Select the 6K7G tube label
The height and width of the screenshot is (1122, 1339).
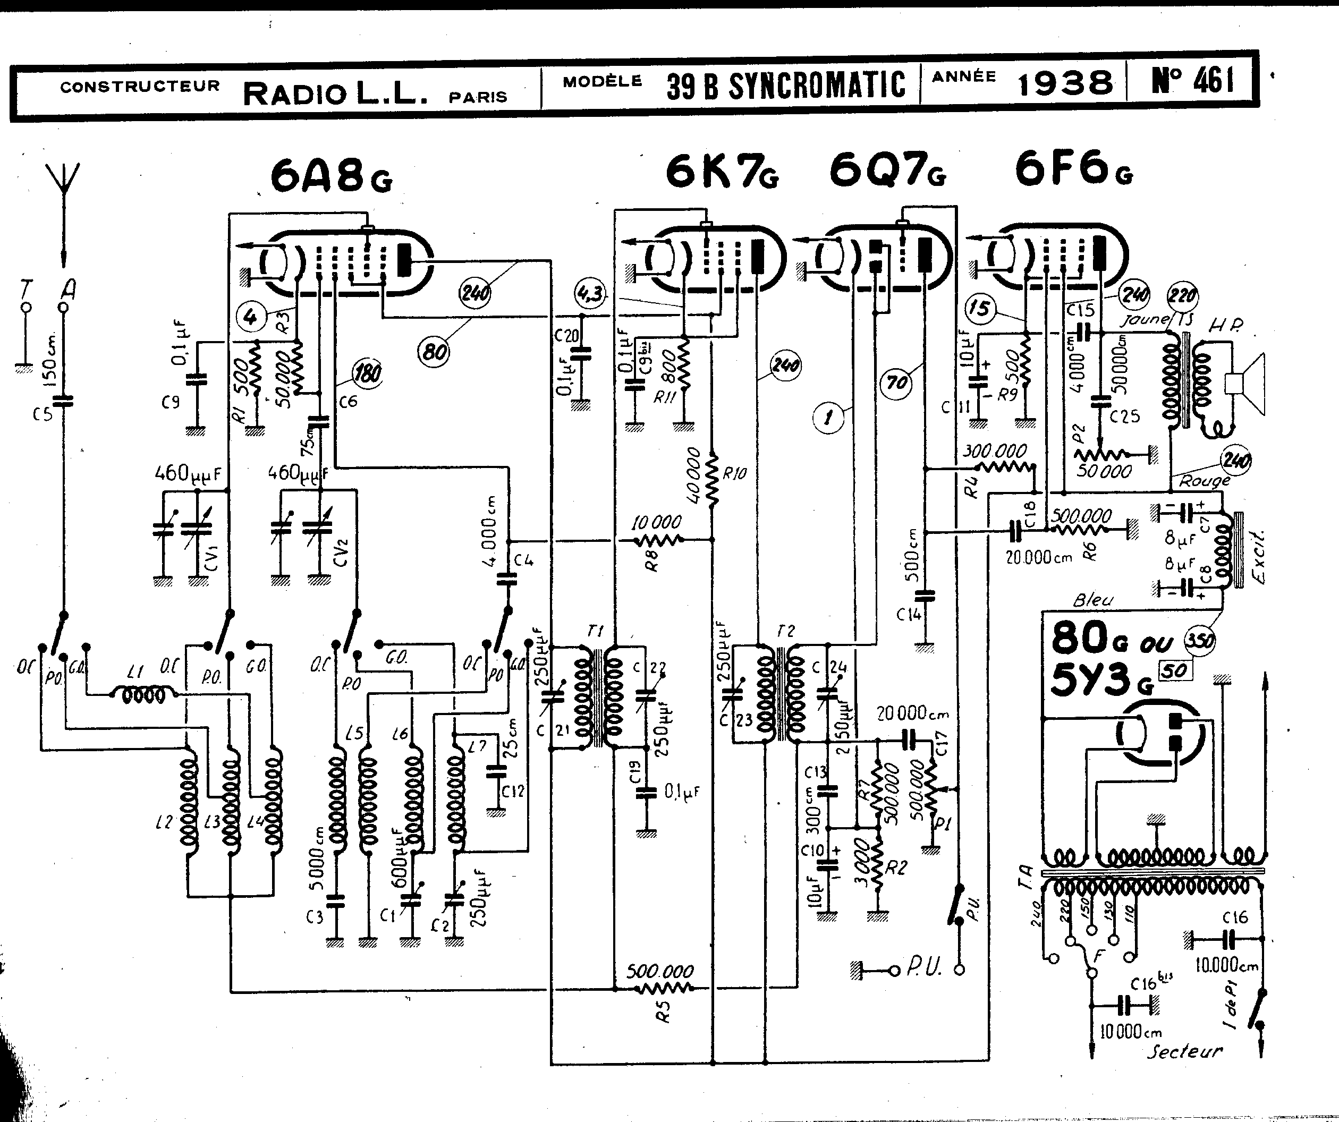click(722, 172)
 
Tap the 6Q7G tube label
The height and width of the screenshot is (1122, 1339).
click(887, 172)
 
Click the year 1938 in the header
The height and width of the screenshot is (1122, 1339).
click(1065, 83)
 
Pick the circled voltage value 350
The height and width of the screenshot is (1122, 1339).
click(1199, 640)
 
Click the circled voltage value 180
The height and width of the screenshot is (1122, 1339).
click(368, 372)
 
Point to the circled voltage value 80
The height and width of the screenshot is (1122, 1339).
click(434, 350)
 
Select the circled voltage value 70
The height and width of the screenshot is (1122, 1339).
click(896, 382)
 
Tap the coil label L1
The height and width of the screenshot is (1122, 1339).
click(134, 671)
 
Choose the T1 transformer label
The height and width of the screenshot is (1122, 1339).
click(595, 631)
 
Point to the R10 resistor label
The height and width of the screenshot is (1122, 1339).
click(734, 473)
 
